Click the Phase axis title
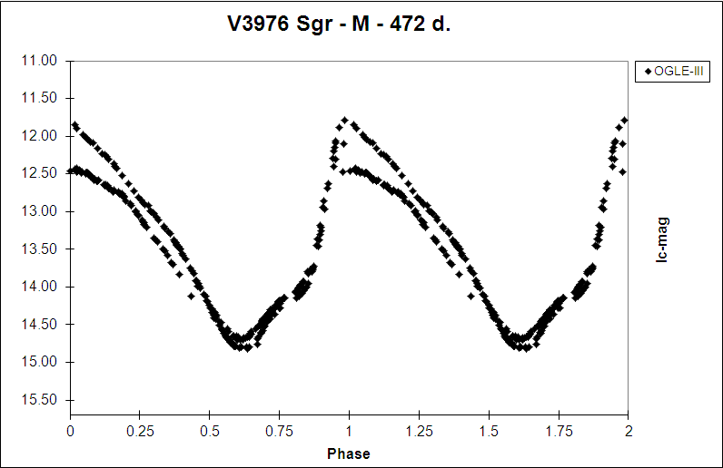tap(349, 453)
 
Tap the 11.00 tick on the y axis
tap(38, 61)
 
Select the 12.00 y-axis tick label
tap(38, 136)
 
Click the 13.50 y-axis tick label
tap(38, 249)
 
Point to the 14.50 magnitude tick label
tap(38, 325)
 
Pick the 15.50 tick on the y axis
tap(38, 400)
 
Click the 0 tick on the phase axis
tap(71, 432)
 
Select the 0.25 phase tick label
tap(140, 432)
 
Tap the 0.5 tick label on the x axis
tap(210, 432)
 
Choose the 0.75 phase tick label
tap(280, 432)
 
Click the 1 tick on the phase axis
tap(350, 432)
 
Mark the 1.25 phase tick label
tap(419, 432)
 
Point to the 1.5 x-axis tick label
tap(489, 432)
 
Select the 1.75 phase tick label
tap(559, 432)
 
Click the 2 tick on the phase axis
tap(628, 432)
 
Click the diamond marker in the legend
tap(647, 71)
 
